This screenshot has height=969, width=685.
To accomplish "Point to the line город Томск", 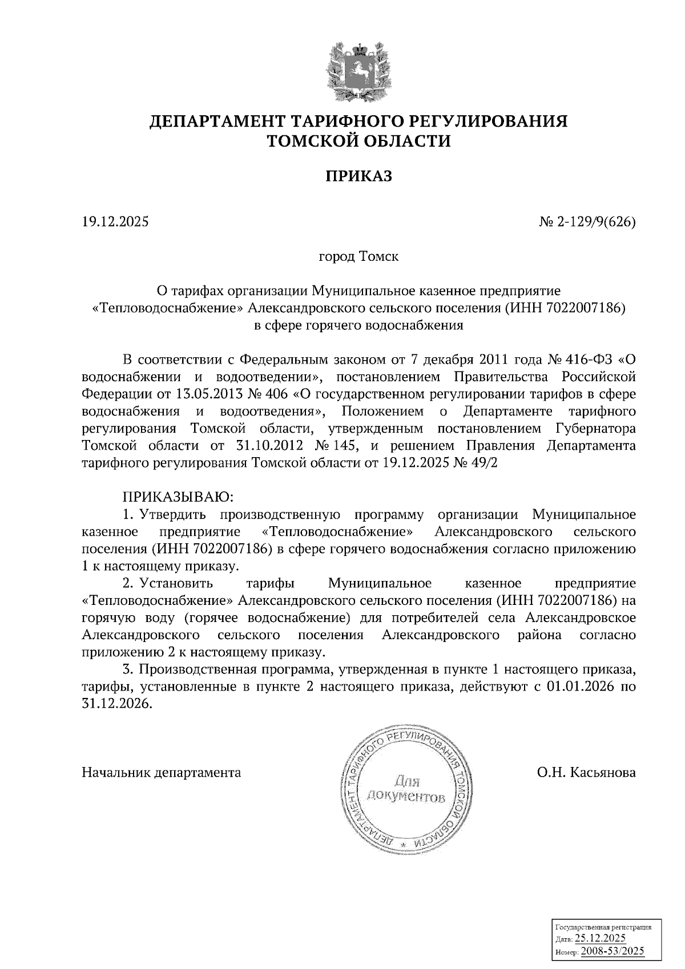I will coord(358,256).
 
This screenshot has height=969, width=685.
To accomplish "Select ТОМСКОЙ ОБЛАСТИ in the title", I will coord(359,141).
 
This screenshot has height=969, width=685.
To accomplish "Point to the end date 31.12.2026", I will coord(118,704).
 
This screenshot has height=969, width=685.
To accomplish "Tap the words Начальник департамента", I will coord(162,773).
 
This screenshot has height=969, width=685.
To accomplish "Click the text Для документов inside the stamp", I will coord(405,788).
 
